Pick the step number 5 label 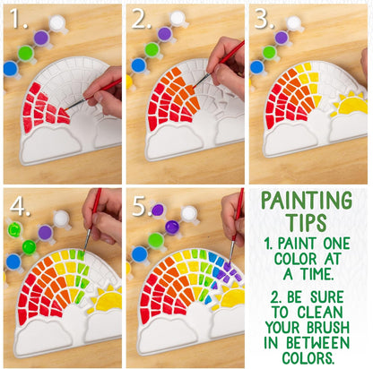143,205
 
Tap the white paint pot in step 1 57,22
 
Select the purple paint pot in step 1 40,38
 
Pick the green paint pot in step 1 26,54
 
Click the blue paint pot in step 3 256,66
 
